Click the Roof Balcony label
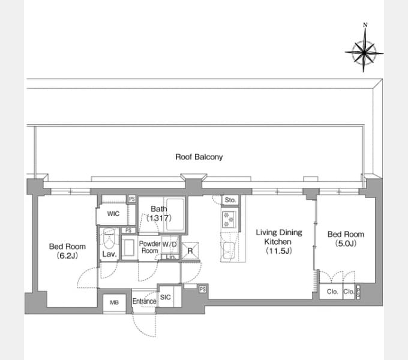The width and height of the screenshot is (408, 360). [x=199, y=157]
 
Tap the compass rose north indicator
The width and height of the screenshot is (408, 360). [x=365, y=25]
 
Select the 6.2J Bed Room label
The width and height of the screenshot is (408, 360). [x=67, y=251]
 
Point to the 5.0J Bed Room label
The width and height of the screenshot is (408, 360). [x=346, y=239]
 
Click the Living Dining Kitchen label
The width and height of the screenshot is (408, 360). [x=278, y=241]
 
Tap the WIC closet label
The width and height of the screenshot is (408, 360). [x=113, y=214]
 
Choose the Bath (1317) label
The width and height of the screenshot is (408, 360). [x=159, y=213]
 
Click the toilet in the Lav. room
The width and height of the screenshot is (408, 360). [x=109, y=238]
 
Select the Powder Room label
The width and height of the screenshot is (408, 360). [x=149, y=247]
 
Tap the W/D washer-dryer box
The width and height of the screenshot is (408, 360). [x=170, y=244]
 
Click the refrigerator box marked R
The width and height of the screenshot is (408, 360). [x=190, y=251]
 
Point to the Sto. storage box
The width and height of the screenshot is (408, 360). [x=230, y=200]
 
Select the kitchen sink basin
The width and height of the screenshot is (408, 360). [x=229, y=250]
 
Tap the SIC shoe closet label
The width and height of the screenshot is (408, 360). [x=166, y=297]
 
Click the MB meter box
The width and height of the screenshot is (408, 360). [x=114, y=303]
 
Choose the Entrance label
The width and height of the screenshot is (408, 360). [x=144, y=301]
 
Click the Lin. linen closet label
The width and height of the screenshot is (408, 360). [x=170, y=257]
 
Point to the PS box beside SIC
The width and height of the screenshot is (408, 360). [x=203, y=289]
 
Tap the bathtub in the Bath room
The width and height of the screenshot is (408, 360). [x=175, y=215]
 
